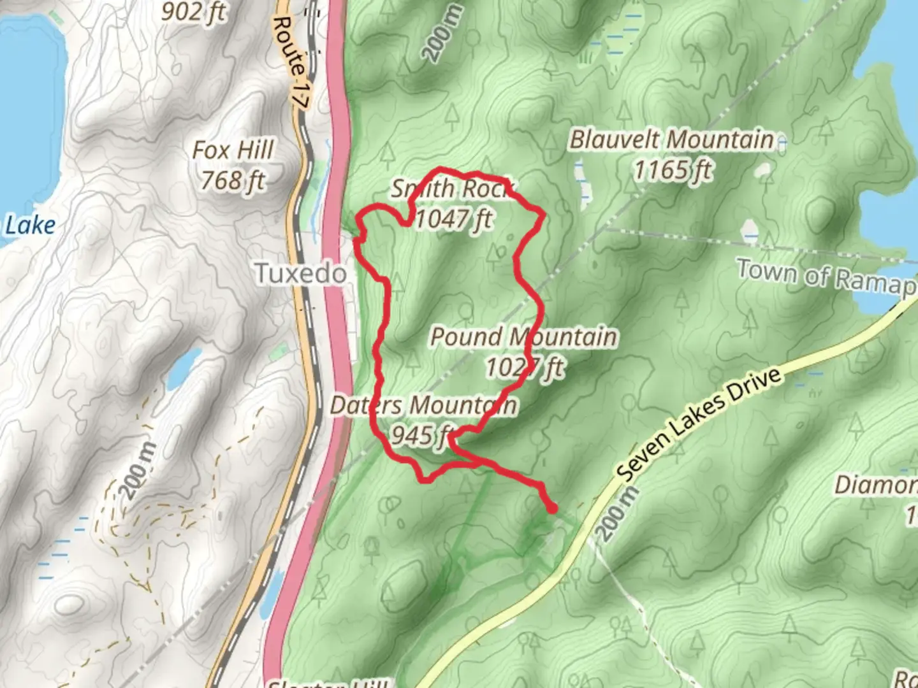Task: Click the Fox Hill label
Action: pos(233,150)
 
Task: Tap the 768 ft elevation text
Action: pos(233,181)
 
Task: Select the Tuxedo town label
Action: pos(301,273)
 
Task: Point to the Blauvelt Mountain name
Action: pos(671,140)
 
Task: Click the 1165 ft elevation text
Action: pos(673,170)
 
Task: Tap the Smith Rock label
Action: pos(452,189)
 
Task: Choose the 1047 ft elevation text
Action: pos(454,219)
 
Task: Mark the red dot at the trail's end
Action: pos(552,508)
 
